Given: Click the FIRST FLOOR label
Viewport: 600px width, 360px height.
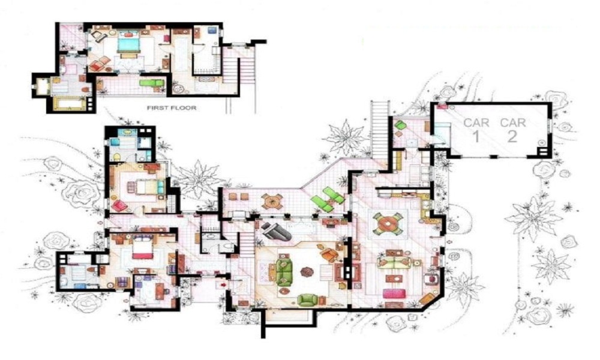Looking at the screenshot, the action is click(x=172, y=108).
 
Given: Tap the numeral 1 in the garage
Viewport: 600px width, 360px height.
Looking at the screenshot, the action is click(x=476, y=136).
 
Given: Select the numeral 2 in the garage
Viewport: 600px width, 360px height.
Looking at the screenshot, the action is click(x=512, y=136).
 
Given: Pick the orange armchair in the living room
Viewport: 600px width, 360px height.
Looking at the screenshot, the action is click(x=328, y=254).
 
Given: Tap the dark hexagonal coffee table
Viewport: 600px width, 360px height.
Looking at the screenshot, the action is click(x=307, y=272).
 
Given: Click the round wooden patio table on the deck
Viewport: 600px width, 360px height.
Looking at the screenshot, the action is click(x=272, y=201).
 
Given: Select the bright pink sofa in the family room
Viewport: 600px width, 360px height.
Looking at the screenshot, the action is click(x=395, y=293).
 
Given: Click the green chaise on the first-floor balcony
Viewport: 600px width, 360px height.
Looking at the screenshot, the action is click(x=153, y=83).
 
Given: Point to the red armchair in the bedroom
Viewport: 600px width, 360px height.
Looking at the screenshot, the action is click(x=120, y=206).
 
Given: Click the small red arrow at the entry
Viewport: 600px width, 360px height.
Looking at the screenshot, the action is click(x=223, y=284).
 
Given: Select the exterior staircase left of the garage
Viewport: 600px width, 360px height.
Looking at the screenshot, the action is click(x=380, y=130).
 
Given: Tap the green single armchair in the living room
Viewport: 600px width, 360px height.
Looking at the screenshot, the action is click(x=307, y=299).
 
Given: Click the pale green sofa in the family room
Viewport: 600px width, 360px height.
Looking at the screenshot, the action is click(x=394, y=262).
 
